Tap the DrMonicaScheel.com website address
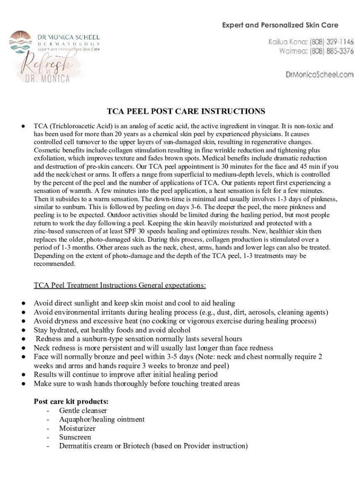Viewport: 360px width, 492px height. tap(319, 75)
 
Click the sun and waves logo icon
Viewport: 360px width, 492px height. tap(20, 42)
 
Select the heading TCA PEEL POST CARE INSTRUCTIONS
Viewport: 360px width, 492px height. tap(186, 111)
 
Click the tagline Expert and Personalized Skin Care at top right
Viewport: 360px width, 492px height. tap(280, 25)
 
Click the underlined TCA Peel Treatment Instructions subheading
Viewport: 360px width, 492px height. tap(120, 285)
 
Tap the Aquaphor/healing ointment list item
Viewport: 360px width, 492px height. tap(102, 419)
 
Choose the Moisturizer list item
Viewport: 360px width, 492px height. tap(77, 428)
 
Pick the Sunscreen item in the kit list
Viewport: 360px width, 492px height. tap(75, 437)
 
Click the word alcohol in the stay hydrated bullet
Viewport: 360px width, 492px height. tap(178, 330)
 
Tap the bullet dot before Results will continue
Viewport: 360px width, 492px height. tap(24, 375)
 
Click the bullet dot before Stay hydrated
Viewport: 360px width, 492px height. tap(24, 331)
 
